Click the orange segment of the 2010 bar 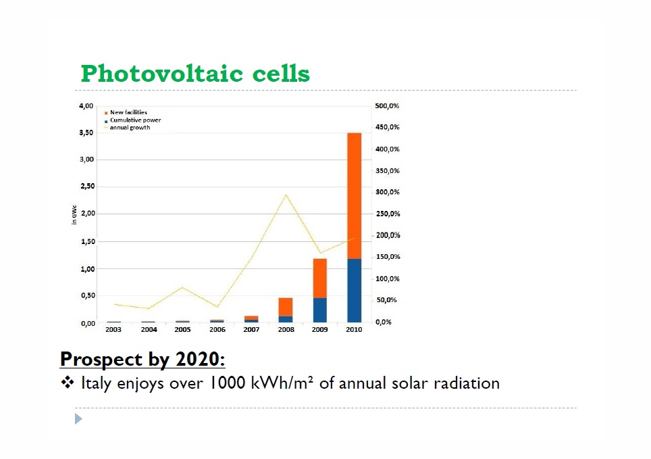[354, 196]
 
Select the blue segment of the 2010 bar [354, 291]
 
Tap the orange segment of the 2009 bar [320, 278]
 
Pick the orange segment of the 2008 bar [286, 307]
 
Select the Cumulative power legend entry [135, 120]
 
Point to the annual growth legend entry [130, 127]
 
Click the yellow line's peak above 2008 [286, 195]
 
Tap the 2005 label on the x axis [182, 330]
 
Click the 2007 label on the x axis [251, 330]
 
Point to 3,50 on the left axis [86, 132]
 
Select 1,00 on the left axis [86, 269]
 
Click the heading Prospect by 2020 [142, 359]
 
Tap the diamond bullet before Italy [67, 383]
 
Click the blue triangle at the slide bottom [78, 419]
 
